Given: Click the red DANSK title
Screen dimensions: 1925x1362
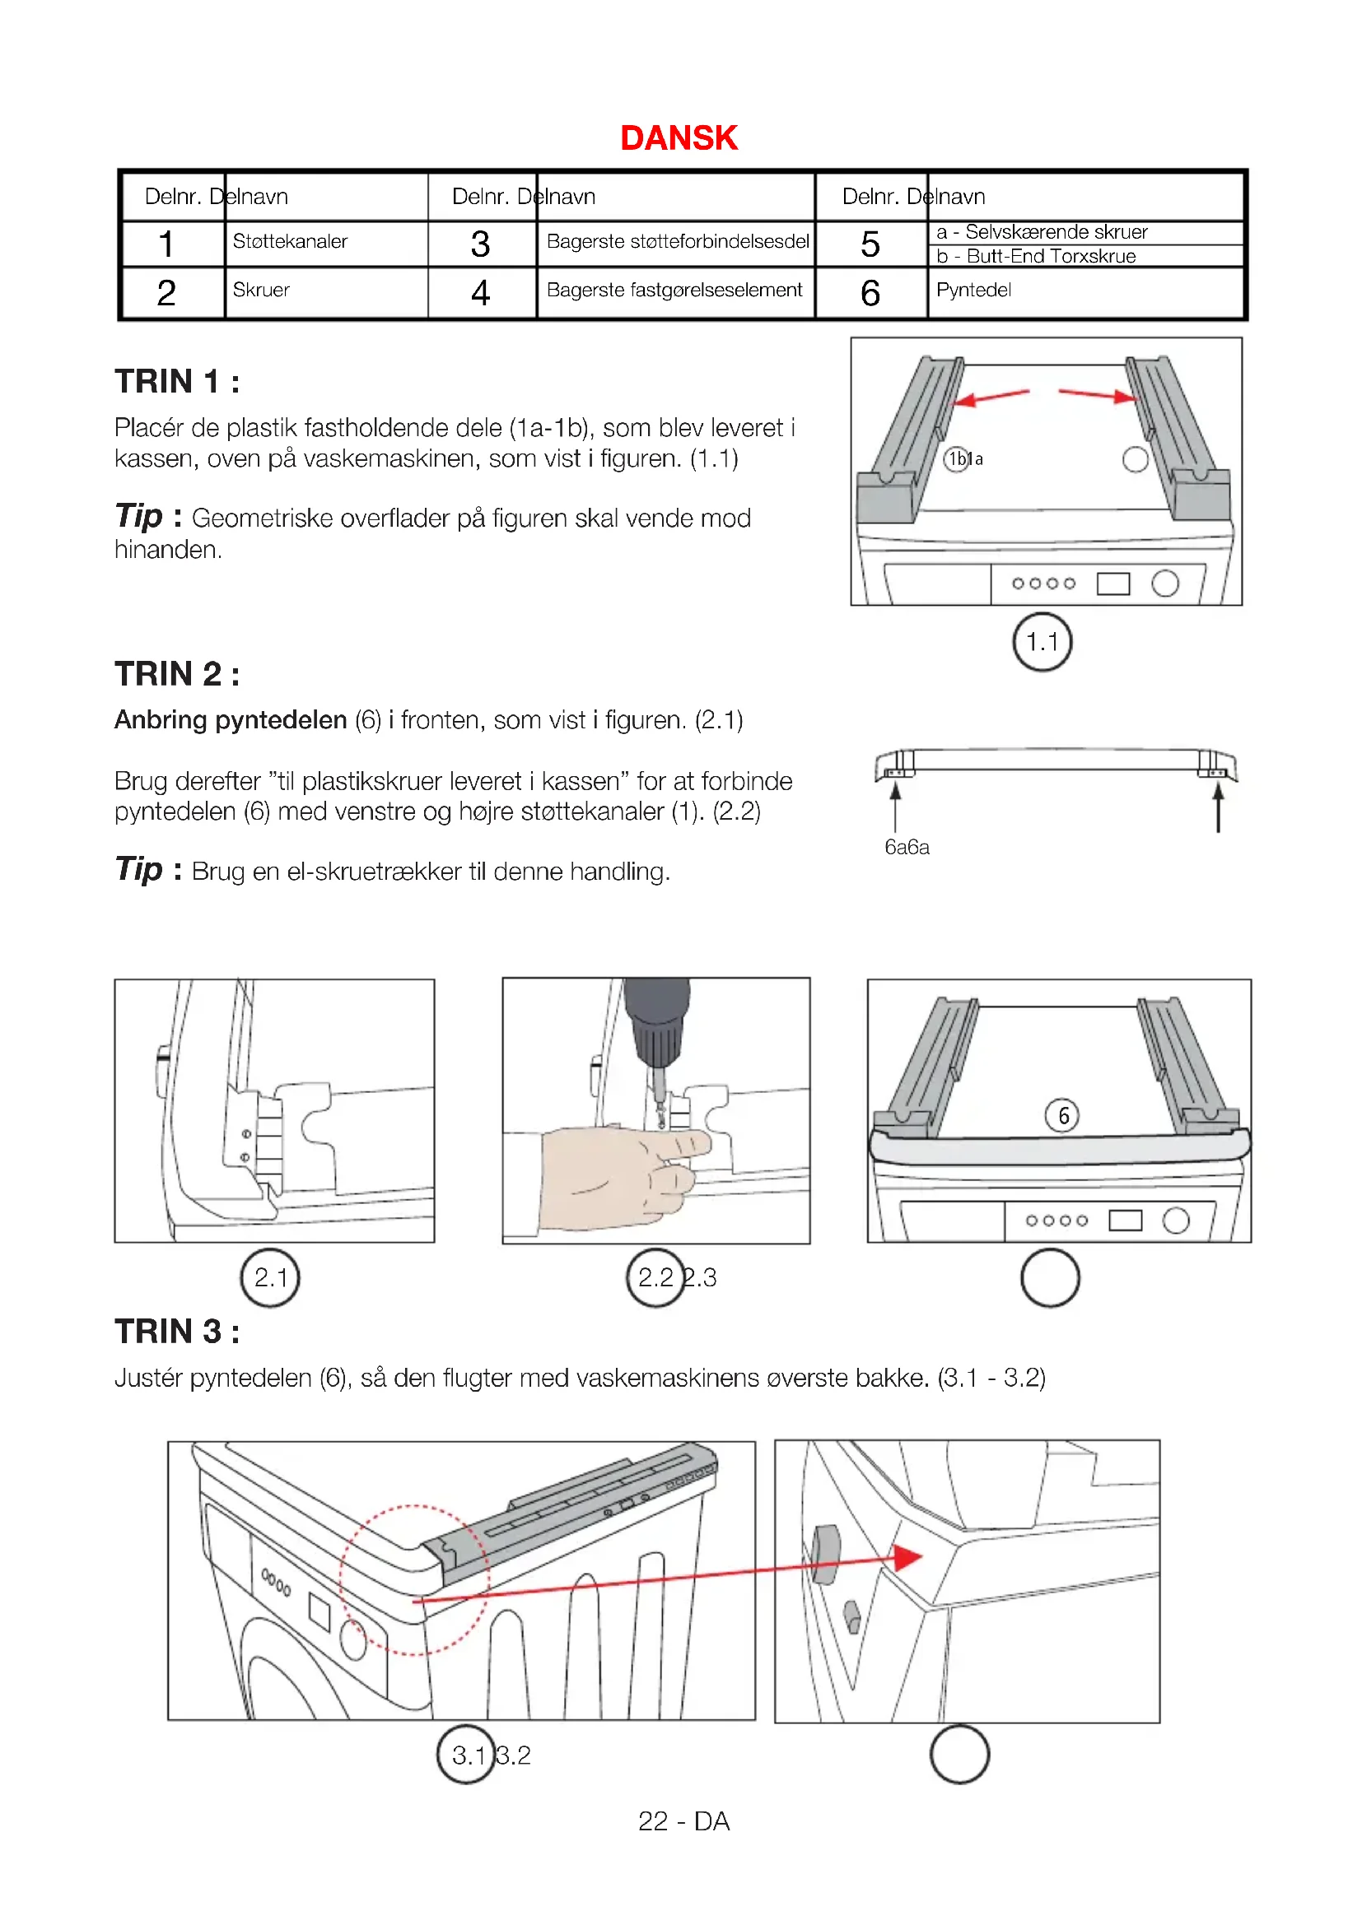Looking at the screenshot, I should coord(679,138).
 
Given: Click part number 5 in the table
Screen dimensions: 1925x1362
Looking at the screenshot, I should coord(870,244).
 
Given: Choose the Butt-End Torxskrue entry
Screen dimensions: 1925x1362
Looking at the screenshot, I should coord(1051,257).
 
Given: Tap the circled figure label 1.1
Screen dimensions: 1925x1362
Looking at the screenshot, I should coord(1042,642).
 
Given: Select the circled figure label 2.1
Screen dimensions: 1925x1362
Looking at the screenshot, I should coord(270,1278).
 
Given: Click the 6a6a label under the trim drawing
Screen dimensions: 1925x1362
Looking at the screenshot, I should coord(907,847).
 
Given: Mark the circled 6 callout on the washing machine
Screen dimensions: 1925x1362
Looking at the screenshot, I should coord(1061,1115).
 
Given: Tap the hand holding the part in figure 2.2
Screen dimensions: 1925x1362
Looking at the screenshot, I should coord(621,1174).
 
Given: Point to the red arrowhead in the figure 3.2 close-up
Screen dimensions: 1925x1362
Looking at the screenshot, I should coord(907,1558).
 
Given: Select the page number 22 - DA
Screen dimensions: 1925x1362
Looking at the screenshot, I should coord(683,1821).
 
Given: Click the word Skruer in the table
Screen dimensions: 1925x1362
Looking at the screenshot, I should coord(261,290).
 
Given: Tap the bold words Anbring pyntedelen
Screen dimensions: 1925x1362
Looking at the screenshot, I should coord(231,720).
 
